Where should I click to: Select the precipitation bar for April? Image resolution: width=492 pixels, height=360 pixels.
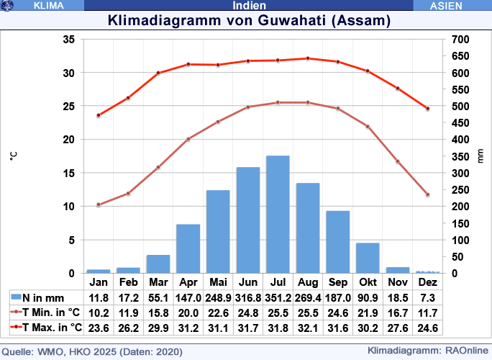coord(188,248)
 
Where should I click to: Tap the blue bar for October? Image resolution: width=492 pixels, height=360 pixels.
coord(368,258)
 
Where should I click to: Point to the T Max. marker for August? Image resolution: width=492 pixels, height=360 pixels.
coord(308,58)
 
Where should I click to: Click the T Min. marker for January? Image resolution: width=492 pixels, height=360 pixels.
coord(99,204)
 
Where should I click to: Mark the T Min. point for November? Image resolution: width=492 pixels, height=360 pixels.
coord(398,161)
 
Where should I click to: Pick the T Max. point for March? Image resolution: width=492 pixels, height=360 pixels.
coord(158,73)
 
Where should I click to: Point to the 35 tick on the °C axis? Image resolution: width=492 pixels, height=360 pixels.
coord(68,40)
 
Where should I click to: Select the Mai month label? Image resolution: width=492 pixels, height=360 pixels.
coord(218,282)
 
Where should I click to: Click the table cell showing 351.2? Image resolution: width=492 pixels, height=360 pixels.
coord(278,297)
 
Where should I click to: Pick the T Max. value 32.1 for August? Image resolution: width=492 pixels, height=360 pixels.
coord(308,328)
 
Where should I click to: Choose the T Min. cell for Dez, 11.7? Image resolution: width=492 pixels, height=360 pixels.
coord(427,312)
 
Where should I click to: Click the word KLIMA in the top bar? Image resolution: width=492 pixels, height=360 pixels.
coord(48,5)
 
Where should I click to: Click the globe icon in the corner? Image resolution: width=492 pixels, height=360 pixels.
coord(8,5)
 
